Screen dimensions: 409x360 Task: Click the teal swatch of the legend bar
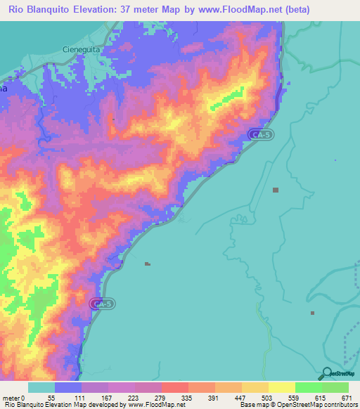(41, 387)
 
